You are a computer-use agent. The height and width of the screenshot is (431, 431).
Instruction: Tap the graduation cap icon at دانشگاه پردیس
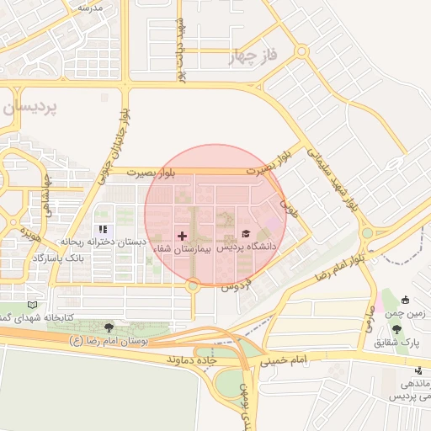click(246, 234)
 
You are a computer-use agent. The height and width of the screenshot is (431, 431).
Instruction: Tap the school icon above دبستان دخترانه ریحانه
click(103, 229)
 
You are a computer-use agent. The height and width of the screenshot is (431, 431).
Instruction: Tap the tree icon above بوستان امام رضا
click(109, 327)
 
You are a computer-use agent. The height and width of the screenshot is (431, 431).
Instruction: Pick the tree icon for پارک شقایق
click(396, 329)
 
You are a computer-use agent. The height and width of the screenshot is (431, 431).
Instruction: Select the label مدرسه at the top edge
click(89, 7)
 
